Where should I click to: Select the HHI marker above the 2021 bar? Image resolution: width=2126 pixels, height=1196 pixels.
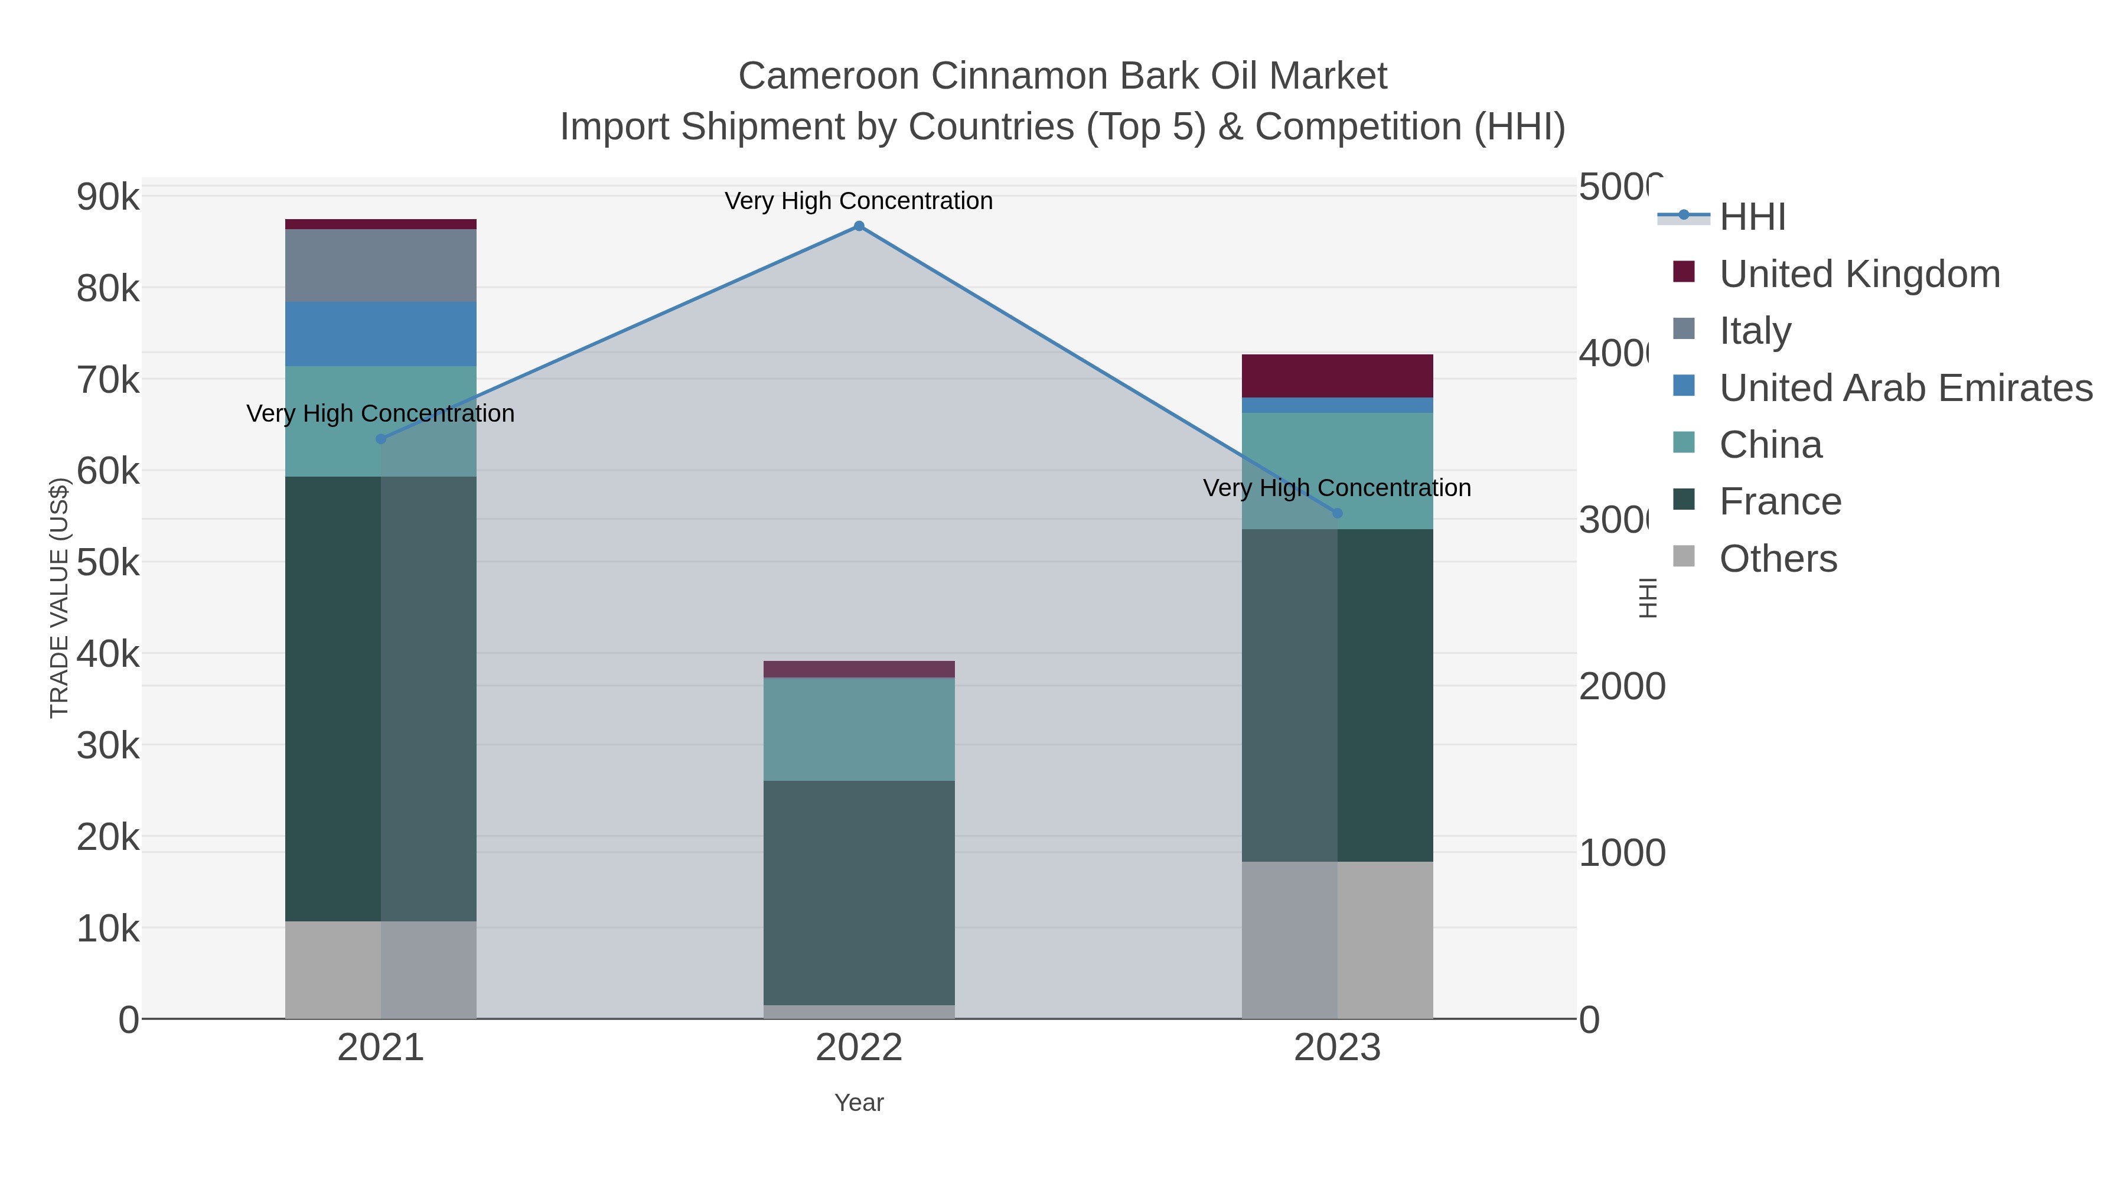pos(380,439)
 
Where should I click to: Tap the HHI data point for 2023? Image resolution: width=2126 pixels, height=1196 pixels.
pos(1337,513)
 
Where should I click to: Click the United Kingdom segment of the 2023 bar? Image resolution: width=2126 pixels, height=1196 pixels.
pos(1337,376)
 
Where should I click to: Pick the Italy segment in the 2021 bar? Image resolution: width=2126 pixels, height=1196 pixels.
pos(380,266)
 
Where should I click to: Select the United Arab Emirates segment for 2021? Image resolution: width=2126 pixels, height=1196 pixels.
pos(380,334)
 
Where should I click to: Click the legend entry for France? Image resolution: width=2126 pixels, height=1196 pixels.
pos(1779,502)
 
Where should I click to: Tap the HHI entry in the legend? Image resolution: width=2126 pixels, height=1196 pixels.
pos(1752,217)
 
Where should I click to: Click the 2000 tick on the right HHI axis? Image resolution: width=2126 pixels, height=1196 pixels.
pos(1621,687)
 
